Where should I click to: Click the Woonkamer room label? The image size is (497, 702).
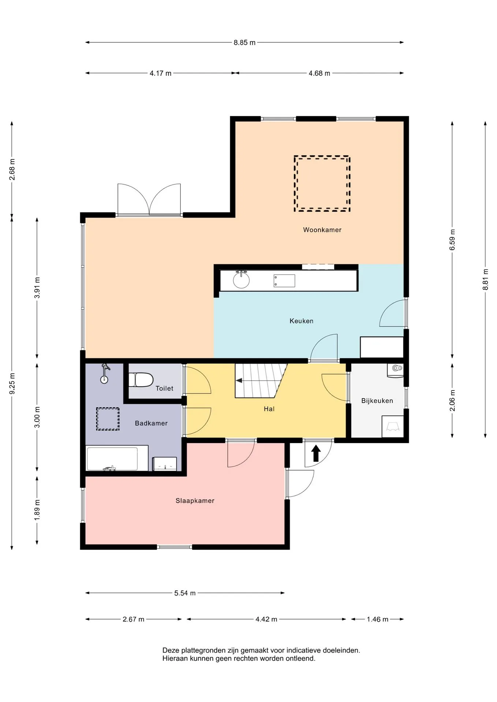click(322, 230)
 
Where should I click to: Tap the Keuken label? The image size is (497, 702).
click(301, 321)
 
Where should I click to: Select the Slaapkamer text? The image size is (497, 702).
click(195, 501)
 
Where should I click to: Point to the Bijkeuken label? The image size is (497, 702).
click(377, 401)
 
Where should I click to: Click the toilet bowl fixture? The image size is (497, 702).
click(141, 380)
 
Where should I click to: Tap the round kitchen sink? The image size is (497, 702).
click(241, 280)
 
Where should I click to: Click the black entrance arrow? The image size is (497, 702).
click(316, 453)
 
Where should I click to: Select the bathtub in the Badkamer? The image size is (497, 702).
click(112, 459)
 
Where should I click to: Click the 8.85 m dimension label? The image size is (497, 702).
click(244, 42)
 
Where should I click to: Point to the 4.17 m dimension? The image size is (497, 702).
click(160, 73)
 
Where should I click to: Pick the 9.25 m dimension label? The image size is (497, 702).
click(12, 384)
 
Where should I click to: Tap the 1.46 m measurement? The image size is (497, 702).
click(377, 619)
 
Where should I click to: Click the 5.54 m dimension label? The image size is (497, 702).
click(185, 593)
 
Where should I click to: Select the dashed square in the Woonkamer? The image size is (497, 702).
click(322, 184)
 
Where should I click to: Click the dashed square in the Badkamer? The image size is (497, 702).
click(108, 419)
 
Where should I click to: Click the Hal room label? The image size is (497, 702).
click(269, 409)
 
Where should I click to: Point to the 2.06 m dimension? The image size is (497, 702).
click(453, 400)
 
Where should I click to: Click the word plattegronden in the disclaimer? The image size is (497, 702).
click(199, 651)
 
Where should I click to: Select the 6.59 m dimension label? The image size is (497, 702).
click(453, 240)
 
